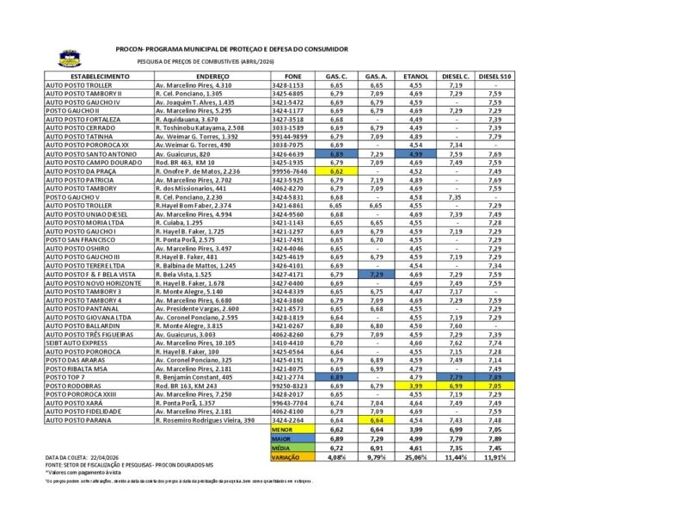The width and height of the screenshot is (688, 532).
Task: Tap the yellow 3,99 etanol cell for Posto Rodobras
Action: [416, 386]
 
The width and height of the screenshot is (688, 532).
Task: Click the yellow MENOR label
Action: [282, 429]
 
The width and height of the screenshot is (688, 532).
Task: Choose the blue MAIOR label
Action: [282, 438]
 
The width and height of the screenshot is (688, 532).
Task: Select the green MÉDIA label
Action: [281, 448]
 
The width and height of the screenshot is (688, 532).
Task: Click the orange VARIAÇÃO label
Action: [286, 457]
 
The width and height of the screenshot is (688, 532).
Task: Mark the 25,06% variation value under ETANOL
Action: [416, 457]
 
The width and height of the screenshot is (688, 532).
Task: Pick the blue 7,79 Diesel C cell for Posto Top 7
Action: [456, 377]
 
